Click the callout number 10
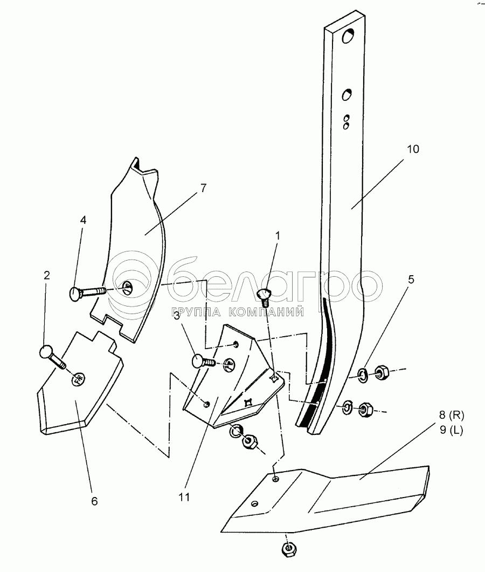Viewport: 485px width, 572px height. [413, 149]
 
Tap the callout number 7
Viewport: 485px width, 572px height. [203, 188]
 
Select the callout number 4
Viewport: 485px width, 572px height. [84, 220]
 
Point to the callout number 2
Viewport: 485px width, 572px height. [47, 275]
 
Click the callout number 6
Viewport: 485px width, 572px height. [94, 501]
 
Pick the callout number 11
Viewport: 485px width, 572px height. [184, 497]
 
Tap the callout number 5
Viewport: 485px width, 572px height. [411, 280]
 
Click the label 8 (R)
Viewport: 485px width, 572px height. [452, 415]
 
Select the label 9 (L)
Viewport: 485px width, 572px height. [452, 430]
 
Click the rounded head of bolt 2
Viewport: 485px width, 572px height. [46, 352]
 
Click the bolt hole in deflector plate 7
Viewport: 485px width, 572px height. [128, 287]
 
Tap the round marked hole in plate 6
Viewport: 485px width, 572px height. [78, 379]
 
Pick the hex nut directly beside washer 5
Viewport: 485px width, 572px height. [381, 372]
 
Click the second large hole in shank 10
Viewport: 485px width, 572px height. [347, 94]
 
